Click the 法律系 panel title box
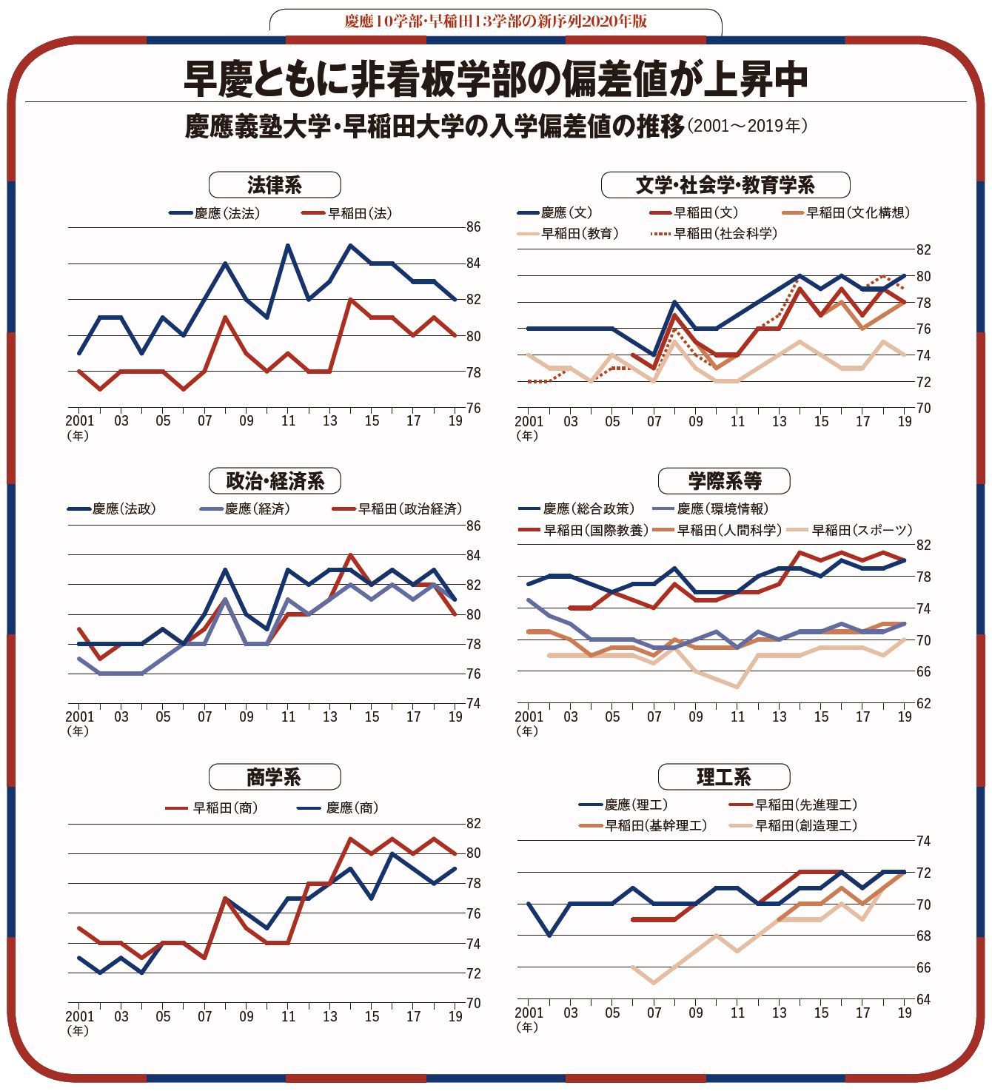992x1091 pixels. (275, 184)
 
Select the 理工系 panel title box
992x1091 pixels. (723, 776)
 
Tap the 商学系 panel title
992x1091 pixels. (274, 776)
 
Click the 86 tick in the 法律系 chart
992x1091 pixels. (473, 227)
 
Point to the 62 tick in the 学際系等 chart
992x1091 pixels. (923, 703)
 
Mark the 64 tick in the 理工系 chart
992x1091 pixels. (923, 999)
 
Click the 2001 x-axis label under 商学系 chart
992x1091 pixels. (79, 1016)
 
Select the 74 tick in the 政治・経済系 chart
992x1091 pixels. (473, 703)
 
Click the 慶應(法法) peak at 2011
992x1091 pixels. (288, 246)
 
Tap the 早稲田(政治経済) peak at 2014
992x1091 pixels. (351, 555)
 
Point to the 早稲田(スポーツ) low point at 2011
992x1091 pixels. (737, 687)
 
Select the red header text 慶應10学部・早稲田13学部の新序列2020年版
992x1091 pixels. (495, 21)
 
